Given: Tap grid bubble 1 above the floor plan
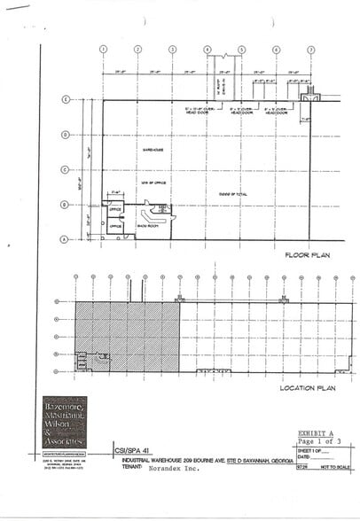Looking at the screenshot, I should [104, 50].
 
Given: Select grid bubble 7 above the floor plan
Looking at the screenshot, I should [311, 50].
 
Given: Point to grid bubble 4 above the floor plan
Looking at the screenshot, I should [207, 50].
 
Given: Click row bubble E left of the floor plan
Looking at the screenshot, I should [65, 99].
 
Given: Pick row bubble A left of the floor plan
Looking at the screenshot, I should [65, 239].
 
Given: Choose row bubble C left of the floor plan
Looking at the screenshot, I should [65, 169].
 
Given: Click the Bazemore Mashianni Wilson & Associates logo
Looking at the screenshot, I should [64, 421].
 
